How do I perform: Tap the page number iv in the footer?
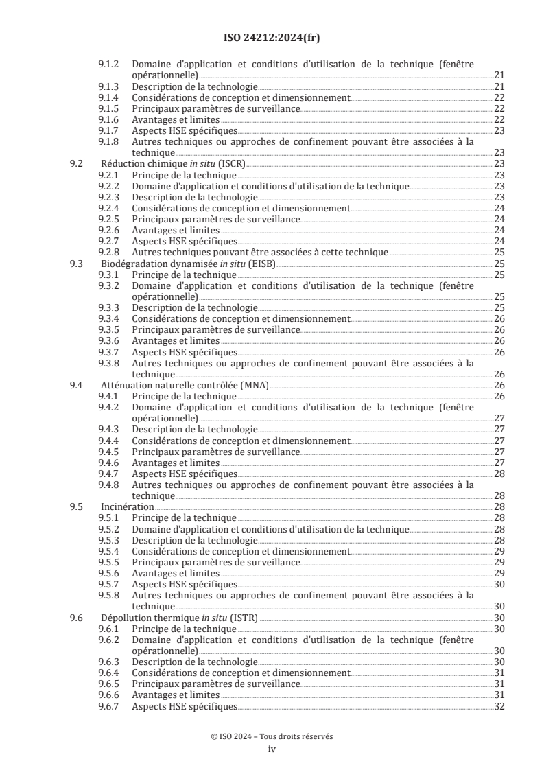coord(272,749)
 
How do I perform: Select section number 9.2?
coord(77,164)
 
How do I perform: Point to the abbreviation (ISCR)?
coord(232,164)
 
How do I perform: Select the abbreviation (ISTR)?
coord(244,618)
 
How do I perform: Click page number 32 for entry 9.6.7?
coord(499,706)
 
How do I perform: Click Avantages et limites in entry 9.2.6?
coord(176,230)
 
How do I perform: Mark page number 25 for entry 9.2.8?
coord(499,252)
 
